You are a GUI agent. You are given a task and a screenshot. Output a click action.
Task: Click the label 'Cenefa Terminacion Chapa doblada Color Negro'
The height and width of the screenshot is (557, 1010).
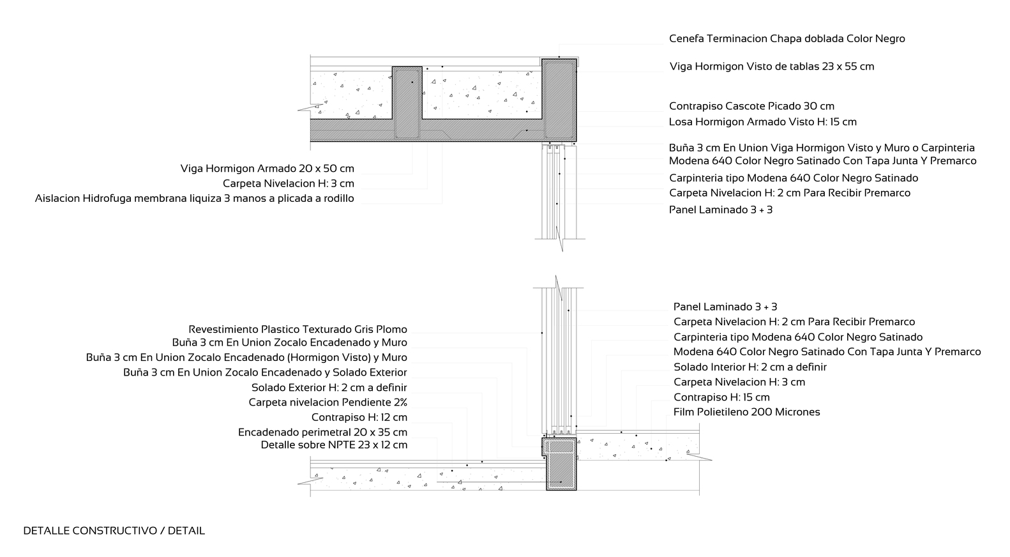tap(787, 38)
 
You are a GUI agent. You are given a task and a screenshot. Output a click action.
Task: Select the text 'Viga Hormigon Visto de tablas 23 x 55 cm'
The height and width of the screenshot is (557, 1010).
tap(771, 66)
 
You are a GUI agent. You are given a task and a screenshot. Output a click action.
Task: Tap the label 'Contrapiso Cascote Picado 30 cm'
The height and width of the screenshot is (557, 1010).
tap(751, 106)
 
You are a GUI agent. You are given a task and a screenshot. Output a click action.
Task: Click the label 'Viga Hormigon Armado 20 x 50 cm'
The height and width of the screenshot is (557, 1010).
tap(267, 169)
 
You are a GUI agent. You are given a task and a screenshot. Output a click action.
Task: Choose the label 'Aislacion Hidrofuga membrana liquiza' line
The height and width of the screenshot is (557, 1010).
tap(194, 199)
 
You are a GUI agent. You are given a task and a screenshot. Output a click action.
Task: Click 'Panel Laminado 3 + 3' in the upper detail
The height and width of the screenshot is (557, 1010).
tap(720, 210)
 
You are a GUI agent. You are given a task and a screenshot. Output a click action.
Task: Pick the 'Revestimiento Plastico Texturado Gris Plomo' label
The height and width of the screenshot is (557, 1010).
tap(298, 330)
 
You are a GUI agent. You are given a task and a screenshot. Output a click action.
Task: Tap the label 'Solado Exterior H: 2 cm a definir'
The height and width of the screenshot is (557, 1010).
tap(329, 387)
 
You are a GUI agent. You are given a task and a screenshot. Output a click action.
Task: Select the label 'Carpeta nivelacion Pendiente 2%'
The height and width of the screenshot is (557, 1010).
tap(328, 402)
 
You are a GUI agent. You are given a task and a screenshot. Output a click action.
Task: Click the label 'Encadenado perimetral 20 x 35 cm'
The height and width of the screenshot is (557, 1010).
tap(322, 432)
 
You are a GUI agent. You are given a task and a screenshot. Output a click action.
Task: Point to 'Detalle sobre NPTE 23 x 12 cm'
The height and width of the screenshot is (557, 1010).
tap(333, 445)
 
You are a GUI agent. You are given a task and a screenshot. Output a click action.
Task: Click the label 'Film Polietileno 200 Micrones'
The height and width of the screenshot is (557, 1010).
tap(746, 412)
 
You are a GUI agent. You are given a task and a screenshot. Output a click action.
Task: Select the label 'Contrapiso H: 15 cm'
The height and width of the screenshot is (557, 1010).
tap(721, 397)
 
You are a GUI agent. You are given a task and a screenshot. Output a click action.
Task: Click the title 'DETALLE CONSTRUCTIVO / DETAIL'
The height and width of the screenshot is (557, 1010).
tap(114, 531)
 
